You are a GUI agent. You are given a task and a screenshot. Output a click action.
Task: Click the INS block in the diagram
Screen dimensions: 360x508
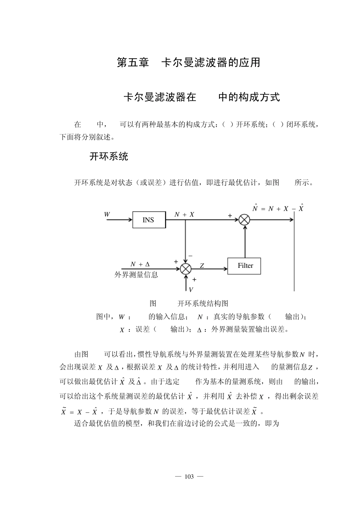click(x=149, y=220)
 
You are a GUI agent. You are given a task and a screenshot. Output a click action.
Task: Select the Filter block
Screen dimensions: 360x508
click(x=244, y=266)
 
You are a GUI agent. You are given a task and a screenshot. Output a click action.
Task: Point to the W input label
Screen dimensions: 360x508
click(x=107, y=214)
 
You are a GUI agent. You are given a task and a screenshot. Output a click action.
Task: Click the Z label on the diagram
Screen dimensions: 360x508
click(x=202, y=266)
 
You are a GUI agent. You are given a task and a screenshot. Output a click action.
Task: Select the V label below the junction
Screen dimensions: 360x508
click(x=191, y=289)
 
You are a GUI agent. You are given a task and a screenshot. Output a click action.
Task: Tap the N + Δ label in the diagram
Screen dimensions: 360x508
click(x=140, y=264)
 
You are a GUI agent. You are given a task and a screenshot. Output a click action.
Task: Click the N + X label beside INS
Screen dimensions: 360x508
click(x=184, y=215)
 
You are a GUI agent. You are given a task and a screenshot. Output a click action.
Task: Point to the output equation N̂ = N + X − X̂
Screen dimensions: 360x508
click(x=278, y=208)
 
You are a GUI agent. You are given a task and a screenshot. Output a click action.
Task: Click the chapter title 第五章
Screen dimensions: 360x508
click(x=133, y=63)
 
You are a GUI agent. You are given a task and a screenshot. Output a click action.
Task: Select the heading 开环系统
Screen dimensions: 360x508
click(x=109, y=156)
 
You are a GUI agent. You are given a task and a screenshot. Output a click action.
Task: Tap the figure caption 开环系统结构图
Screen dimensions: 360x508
click(x=203, y=303)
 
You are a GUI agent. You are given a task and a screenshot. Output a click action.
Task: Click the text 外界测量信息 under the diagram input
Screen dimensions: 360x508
click(x=136, y=275)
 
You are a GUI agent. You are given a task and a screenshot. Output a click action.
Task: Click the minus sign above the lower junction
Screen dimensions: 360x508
click(x=190, y=256)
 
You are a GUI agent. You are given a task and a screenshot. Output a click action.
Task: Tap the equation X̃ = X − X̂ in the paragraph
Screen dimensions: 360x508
click(x=80, y=412)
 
